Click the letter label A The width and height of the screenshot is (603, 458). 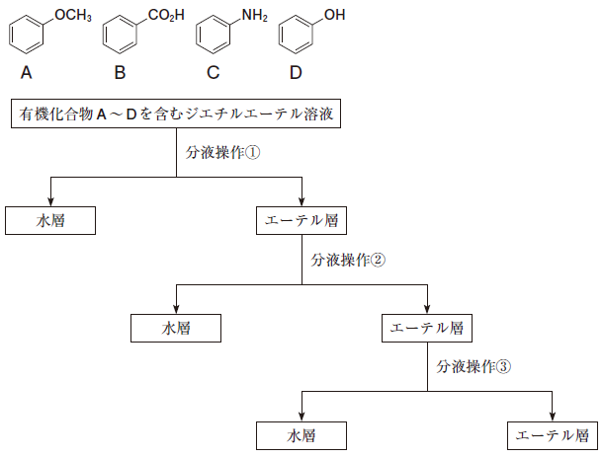point(26,72)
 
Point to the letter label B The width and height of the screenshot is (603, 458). point(120,72)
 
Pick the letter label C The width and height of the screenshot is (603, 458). point(214,72)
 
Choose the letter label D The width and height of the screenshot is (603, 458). point(296,72)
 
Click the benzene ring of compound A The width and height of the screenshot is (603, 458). point(27,37)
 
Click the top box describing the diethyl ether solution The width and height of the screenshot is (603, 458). point(177,114)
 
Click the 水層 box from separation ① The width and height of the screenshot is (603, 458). point(49,220)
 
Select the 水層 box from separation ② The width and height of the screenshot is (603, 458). point(176,328)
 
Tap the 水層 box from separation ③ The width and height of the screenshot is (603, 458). point(301,434)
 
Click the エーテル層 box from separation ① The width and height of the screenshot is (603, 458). point(301,220)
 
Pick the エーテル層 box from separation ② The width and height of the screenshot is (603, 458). point(427,328)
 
